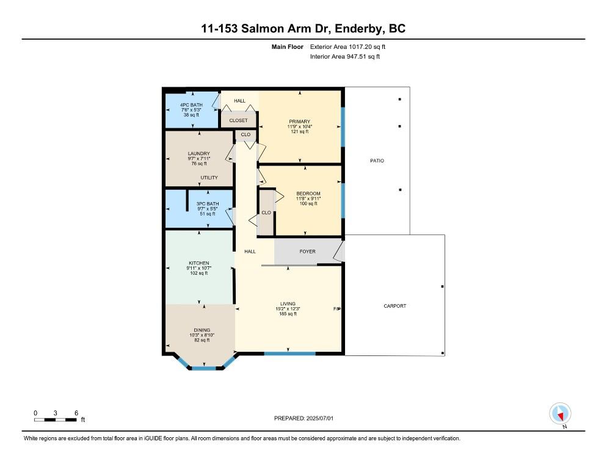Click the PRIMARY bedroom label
299,122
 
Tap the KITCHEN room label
199,263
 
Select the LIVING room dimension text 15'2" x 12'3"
288,309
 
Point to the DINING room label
202,330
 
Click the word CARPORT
395,306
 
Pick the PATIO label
377,161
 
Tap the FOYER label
307,252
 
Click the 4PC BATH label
191,105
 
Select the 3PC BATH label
208,204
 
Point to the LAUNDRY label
199,154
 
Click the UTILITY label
209,178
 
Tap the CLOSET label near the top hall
238,120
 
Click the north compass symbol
560,413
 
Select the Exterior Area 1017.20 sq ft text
347,47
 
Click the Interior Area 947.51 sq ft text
345,57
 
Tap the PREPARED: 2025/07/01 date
303,418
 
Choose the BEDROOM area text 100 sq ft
308,204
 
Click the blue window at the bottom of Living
289,353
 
